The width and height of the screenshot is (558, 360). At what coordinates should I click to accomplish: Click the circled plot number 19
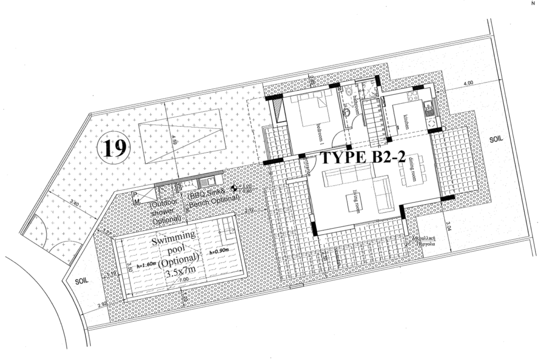coord(114,147)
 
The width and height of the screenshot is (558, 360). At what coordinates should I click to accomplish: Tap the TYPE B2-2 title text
coord(362,158)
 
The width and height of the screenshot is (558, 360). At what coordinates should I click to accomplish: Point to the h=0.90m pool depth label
coord(219,252)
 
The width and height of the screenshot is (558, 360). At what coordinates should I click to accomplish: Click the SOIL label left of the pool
coord(81,280)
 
